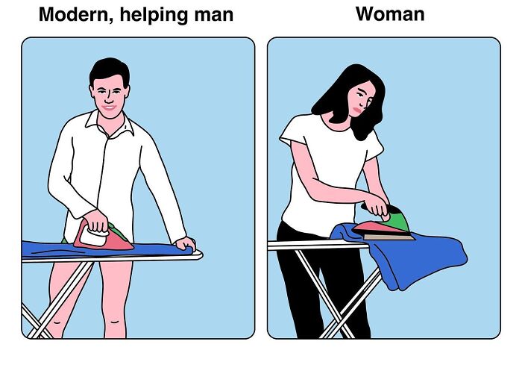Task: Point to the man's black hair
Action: [109, 70]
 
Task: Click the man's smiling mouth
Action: [110, 107]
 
